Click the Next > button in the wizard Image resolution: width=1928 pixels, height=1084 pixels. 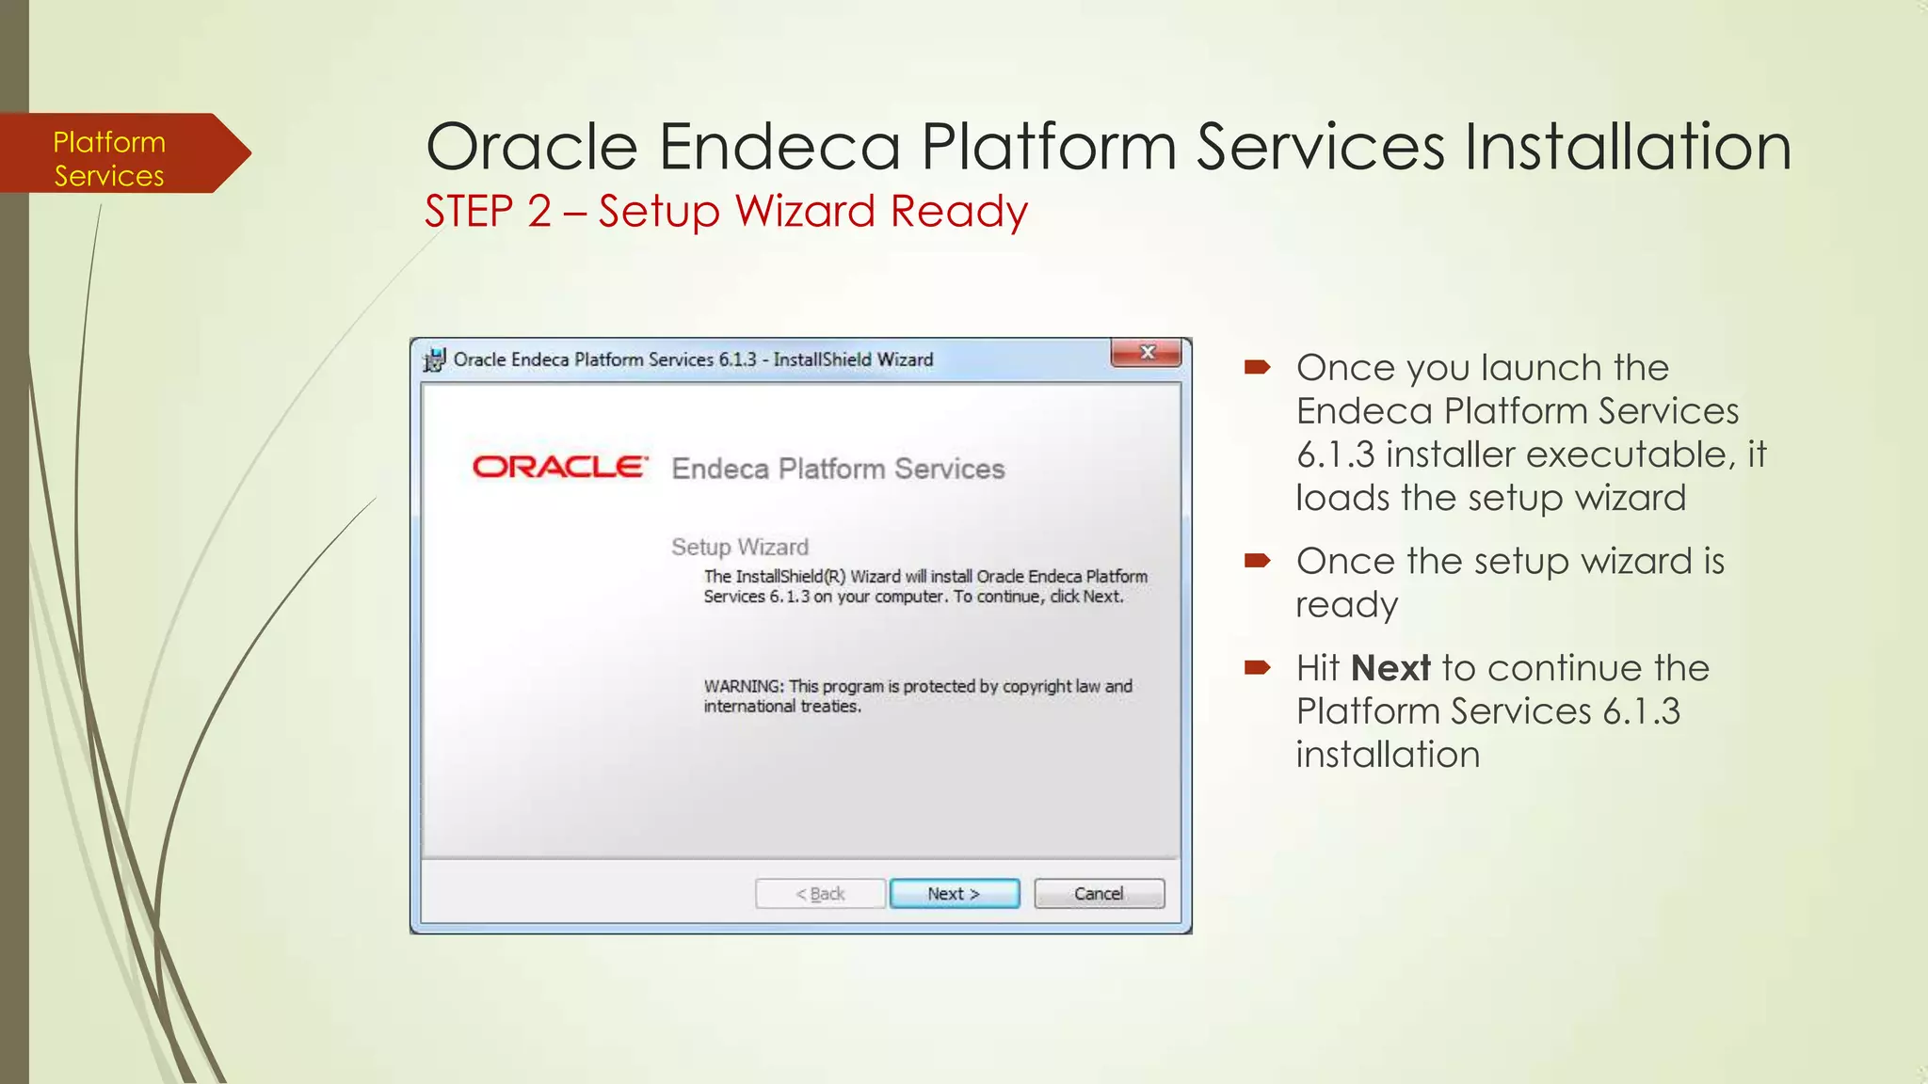(x=954, y=893)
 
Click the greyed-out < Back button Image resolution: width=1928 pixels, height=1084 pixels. (x=820, y=893)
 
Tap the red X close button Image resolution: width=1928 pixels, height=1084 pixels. (x=1147, y=353)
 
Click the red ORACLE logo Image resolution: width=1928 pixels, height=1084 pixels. (x=560, y=467)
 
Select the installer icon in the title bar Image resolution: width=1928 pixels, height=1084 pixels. (x=434, y=359)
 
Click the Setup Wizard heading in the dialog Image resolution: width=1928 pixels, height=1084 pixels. (x=739, y=547)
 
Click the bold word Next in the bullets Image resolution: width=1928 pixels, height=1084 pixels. (x=1390, y=668)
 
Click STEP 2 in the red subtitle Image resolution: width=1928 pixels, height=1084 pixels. (x=488, y=211)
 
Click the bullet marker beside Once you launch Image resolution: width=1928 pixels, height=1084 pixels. (x=1257, y=367)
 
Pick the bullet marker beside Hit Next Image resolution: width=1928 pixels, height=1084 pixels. (x=1257, y=668)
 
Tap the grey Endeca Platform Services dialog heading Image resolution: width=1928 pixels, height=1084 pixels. (x=838, y=469)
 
